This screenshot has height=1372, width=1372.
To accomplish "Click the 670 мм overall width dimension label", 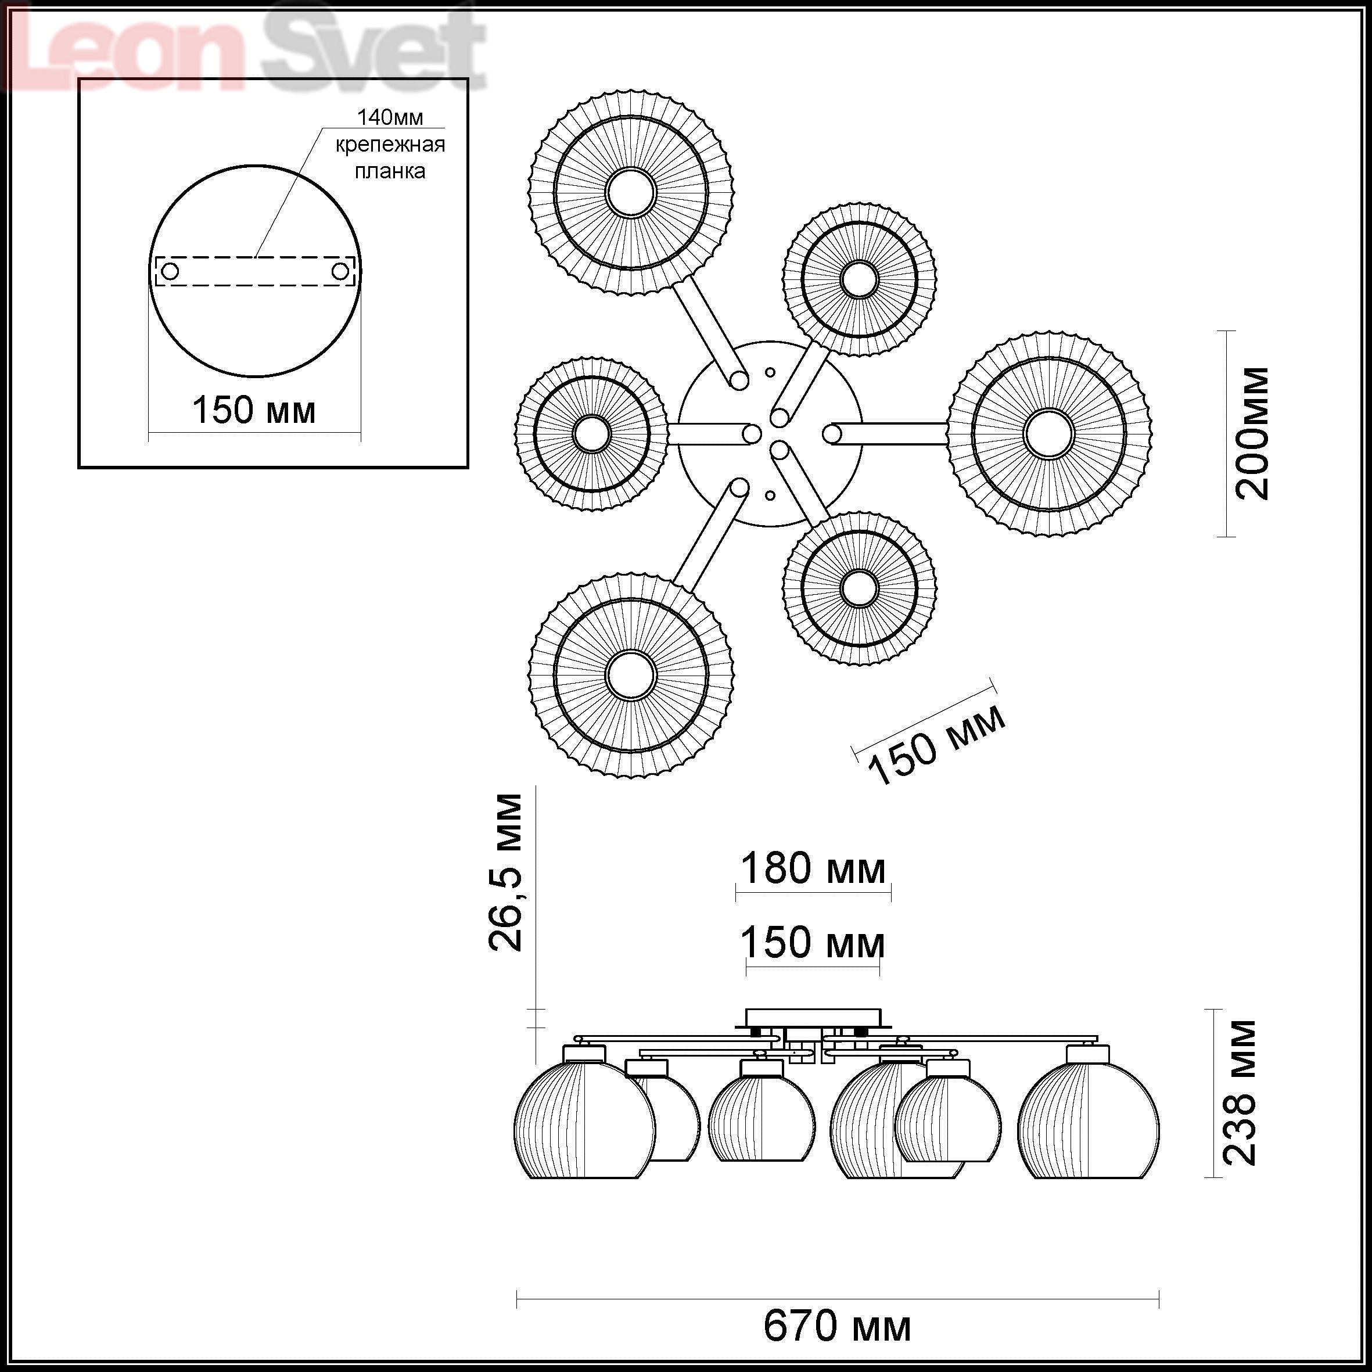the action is point(837,1326).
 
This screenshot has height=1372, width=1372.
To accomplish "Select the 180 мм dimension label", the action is point(813,868).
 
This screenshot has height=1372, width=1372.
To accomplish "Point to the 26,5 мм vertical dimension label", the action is point(505,872).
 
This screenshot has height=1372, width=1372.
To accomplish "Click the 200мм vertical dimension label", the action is point(1252,433).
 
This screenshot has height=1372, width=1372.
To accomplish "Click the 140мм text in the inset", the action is point(390,117).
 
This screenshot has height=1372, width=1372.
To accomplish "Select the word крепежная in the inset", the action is point(390,145).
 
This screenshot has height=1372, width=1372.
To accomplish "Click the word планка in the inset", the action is point(390,171).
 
